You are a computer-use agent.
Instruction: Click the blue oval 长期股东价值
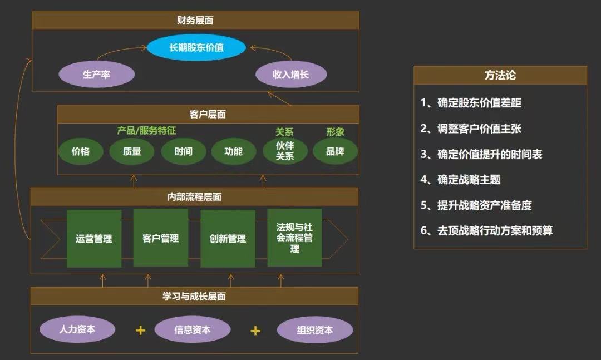click(196, 47)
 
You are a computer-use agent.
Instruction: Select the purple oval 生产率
click(97, 74)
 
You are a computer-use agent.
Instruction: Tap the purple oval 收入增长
click(290, 74)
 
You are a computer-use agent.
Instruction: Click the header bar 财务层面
click(195, 21)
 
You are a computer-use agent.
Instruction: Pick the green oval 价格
click(81, 151)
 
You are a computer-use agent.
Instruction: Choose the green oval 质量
click(132, 151)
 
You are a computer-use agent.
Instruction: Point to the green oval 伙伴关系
click(285, 151)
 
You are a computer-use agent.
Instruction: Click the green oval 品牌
click(335, 151)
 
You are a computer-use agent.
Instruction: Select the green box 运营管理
click(94, 239)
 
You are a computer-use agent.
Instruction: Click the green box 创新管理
click(228, 239)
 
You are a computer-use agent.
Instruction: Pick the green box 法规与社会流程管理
click(294, 238)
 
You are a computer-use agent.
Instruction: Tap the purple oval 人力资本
click(77, 329)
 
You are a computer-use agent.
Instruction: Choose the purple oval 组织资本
click(315, 330)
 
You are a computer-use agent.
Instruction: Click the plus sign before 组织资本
click(255, 331)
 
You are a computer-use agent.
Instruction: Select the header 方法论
click(500, 76)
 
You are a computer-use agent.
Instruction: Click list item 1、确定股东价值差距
click(471, 103)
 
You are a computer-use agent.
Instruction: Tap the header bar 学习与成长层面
click(194, 297)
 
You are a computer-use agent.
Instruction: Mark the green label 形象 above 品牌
click(335, 132)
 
